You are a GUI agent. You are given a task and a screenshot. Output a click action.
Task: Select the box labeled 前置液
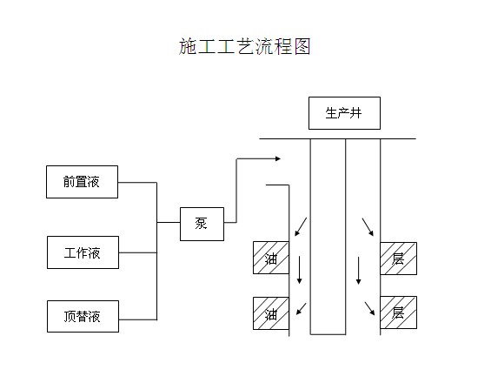click(x=82, y=183)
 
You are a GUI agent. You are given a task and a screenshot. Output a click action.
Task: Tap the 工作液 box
click(x=82, y=253)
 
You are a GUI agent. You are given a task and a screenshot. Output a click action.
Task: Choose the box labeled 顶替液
click(x=82, y=317)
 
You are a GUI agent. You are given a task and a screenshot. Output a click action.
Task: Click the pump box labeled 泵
click(x=201, y=224)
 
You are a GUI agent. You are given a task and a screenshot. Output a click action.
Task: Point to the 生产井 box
click(x=343, y=113)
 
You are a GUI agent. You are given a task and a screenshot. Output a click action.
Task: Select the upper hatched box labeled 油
click(x=271, y=258)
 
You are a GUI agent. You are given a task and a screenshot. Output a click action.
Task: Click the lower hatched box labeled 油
click(x=271, y=314)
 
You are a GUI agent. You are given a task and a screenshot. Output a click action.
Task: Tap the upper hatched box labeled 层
click(x=398, y=258)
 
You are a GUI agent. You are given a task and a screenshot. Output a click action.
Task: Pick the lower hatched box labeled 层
click(x=398, y=312)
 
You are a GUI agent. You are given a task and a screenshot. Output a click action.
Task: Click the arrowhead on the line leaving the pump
click(x=276, y=158)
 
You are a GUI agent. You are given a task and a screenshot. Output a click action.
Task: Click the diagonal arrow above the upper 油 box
click(x=300, y=228)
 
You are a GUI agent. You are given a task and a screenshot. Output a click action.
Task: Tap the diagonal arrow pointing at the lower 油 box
click(x=300, y=307)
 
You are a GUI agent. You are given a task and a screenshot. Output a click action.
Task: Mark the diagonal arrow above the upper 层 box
click(x=368, y=227)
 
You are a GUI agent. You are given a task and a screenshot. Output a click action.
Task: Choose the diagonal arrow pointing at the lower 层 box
click(x=369, y=306)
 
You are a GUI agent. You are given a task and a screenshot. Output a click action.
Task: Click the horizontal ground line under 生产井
click(x=337, y=138)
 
